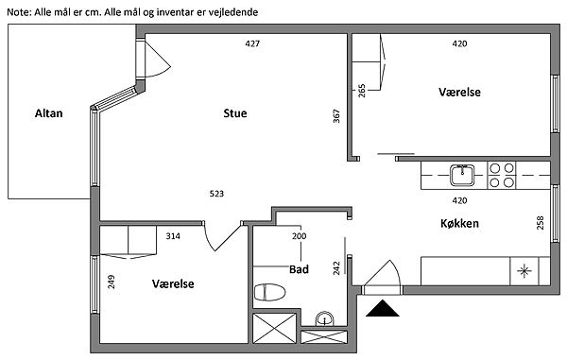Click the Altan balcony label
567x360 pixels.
pos(48,113)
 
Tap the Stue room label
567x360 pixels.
pos(235,113)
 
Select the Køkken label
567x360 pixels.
pos(459,223)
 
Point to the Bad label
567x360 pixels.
pos(299,269)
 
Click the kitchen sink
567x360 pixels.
pos(462,175)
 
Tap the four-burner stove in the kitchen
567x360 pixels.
pos(502,176)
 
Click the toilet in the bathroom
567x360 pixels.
pos(269,292)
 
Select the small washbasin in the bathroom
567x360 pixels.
pos(324,318)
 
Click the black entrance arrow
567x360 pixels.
pos(382,308)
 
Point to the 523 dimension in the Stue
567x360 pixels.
pos(216,194)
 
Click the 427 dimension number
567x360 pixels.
pos(252,43)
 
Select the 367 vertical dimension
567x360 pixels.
pos(336,116)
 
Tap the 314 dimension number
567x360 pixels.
pos(173,236)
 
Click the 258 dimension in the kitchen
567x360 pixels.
pos(541,223)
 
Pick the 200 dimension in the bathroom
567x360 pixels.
pos(299,236)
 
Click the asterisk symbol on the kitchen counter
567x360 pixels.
pos(524,271)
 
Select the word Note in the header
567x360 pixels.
pos(19,12)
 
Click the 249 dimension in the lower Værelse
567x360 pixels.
pos(112,282)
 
